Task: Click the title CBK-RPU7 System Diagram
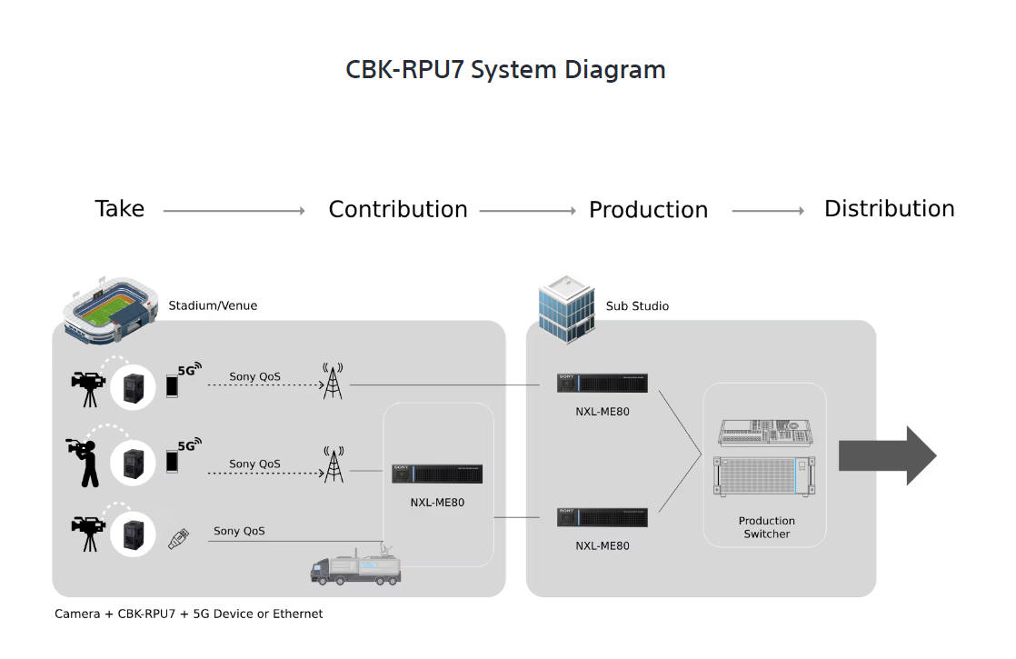505,70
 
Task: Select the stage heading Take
119,209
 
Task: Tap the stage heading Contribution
397,210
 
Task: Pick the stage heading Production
648,210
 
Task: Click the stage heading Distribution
889,209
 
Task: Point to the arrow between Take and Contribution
234,211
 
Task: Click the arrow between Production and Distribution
768,211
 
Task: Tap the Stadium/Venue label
213,305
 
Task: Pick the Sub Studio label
637,306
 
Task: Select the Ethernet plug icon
178,538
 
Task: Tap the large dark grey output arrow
886,455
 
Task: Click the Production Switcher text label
766,527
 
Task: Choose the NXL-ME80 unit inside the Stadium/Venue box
437,474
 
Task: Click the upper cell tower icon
334,382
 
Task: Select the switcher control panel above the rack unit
766,433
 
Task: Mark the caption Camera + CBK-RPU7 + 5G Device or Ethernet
189,614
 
